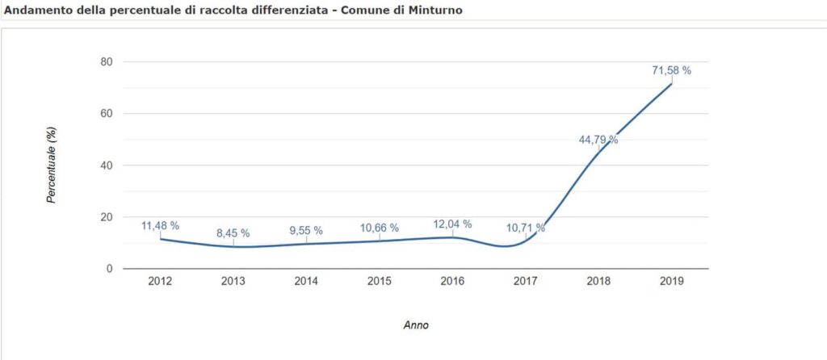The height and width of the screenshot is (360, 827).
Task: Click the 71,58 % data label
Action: pyautogui.click(x=671, y=71)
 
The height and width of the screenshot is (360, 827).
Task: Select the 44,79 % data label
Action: pyautogui.click(x=598, y=140)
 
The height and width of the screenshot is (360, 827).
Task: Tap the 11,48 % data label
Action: pyautogui.click(x=160, y=226)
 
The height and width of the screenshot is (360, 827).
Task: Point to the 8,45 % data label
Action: pyautogui.click(x=233, y=233)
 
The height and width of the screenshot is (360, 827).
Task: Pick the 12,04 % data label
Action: pyautogui.click(x=452, y=224)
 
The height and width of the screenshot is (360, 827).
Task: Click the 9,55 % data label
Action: pyautogui.click(x=306, y=231)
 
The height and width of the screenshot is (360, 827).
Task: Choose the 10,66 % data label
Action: pyautogui.click(x=380, y=228)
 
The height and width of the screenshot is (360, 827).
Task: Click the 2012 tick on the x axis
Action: pyautogui.click(x=160, y=281)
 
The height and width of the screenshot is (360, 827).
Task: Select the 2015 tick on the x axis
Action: pyautogui.click(x=380, y=281)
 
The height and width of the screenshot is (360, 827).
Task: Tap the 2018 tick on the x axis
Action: pyautogui.click(x=598, y=281)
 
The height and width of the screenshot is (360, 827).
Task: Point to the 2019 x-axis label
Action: pyautogui.click(x=672, y=281)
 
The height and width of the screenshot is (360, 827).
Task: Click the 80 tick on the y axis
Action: pyautogui.click(x=106, y=62)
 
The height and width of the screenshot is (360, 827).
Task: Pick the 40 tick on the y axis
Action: pyautogui.click(x=106, y=165)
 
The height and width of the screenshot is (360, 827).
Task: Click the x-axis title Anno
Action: pyautogui.click(x=416, y=325)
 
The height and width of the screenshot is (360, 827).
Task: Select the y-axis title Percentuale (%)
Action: pyautogui.click(x=51, y=165)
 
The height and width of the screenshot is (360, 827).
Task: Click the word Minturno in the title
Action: pyautogui.click(x=434, y=10)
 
